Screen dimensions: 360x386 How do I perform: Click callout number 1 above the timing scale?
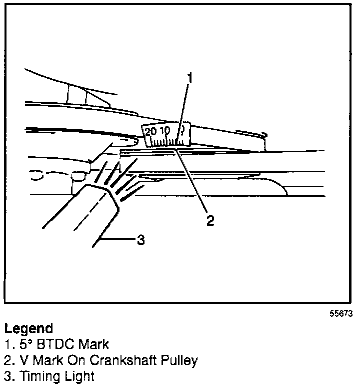pos(189,78)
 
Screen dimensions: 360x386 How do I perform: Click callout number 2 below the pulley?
pos(210,220)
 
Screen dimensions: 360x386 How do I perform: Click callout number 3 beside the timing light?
pos(141,240)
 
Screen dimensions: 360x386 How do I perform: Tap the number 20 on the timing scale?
pos(150,131)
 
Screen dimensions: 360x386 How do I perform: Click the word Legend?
pos(28,328)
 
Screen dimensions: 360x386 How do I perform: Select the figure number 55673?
pos(341,314)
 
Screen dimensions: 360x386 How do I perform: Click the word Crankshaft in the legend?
pos(124,360)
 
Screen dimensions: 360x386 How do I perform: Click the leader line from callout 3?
pos(120,240)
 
